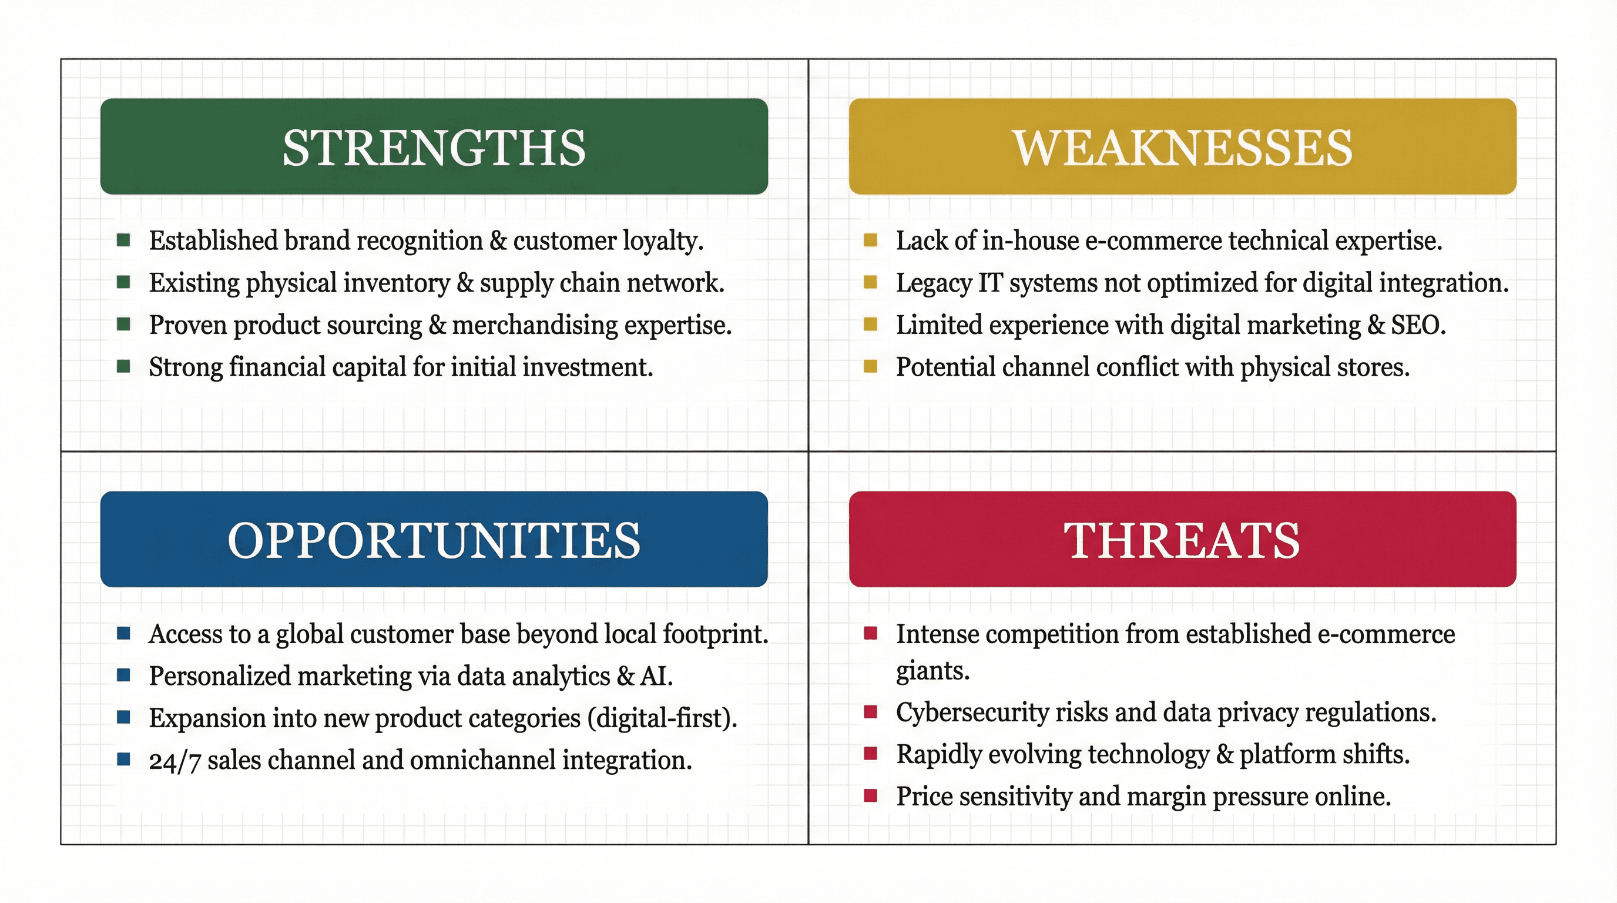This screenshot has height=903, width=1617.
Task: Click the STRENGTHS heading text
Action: click(434, 148)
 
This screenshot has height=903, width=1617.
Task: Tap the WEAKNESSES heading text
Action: click(1183, 148)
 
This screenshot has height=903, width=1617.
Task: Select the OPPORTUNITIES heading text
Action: click(434, 540)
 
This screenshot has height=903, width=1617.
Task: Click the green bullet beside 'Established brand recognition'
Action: click(123, 240)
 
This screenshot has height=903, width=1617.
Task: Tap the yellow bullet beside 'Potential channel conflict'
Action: click(870, 366)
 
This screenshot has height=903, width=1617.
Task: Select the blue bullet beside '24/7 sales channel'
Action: click(123, 759)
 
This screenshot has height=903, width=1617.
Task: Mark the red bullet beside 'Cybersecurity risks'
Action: click(870, 711)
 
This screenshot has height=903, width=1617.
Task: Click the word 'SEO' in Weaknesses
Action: click(1416, 325)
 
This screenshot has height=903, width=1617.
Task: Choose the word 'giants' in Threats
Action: click(931, 671)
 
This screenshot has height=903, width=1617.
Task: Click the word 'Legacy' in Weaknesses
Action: click(934, 283)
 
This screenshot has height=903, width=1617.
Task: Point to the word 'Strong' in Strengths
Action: click(185, 367)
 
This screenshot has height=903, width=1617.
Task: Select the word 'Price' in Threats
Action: click(924, 796)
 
